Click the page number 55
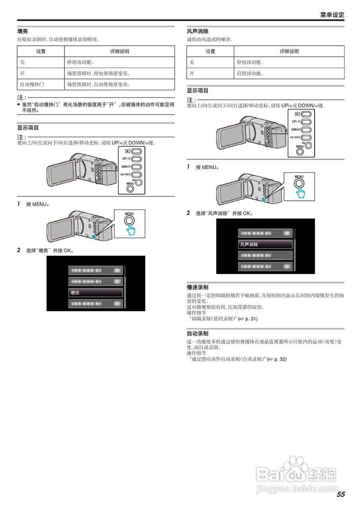[x=341, y=494]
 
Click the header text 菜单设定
[x=332, y=15]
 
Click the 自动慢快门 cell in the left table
[x=32, y=84]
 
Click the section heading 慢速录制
[x=198, y=287]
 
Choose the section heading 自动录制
[x=198, y=334]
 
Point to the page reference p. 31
[x=251, y=319]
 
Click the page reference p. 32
[x=280, y=359]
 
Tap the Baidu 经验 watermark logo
[x=296, y=475]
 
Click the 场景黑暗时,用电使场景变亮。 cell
[x=98, y=74]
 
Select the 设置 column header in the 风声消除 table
[x=210, y=51]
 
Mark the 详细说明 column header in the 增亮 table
[x=119, y=51]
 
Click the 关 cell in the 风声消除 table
[x=192, y=62]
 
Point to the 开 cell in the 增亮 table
[x=22, y=74]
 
